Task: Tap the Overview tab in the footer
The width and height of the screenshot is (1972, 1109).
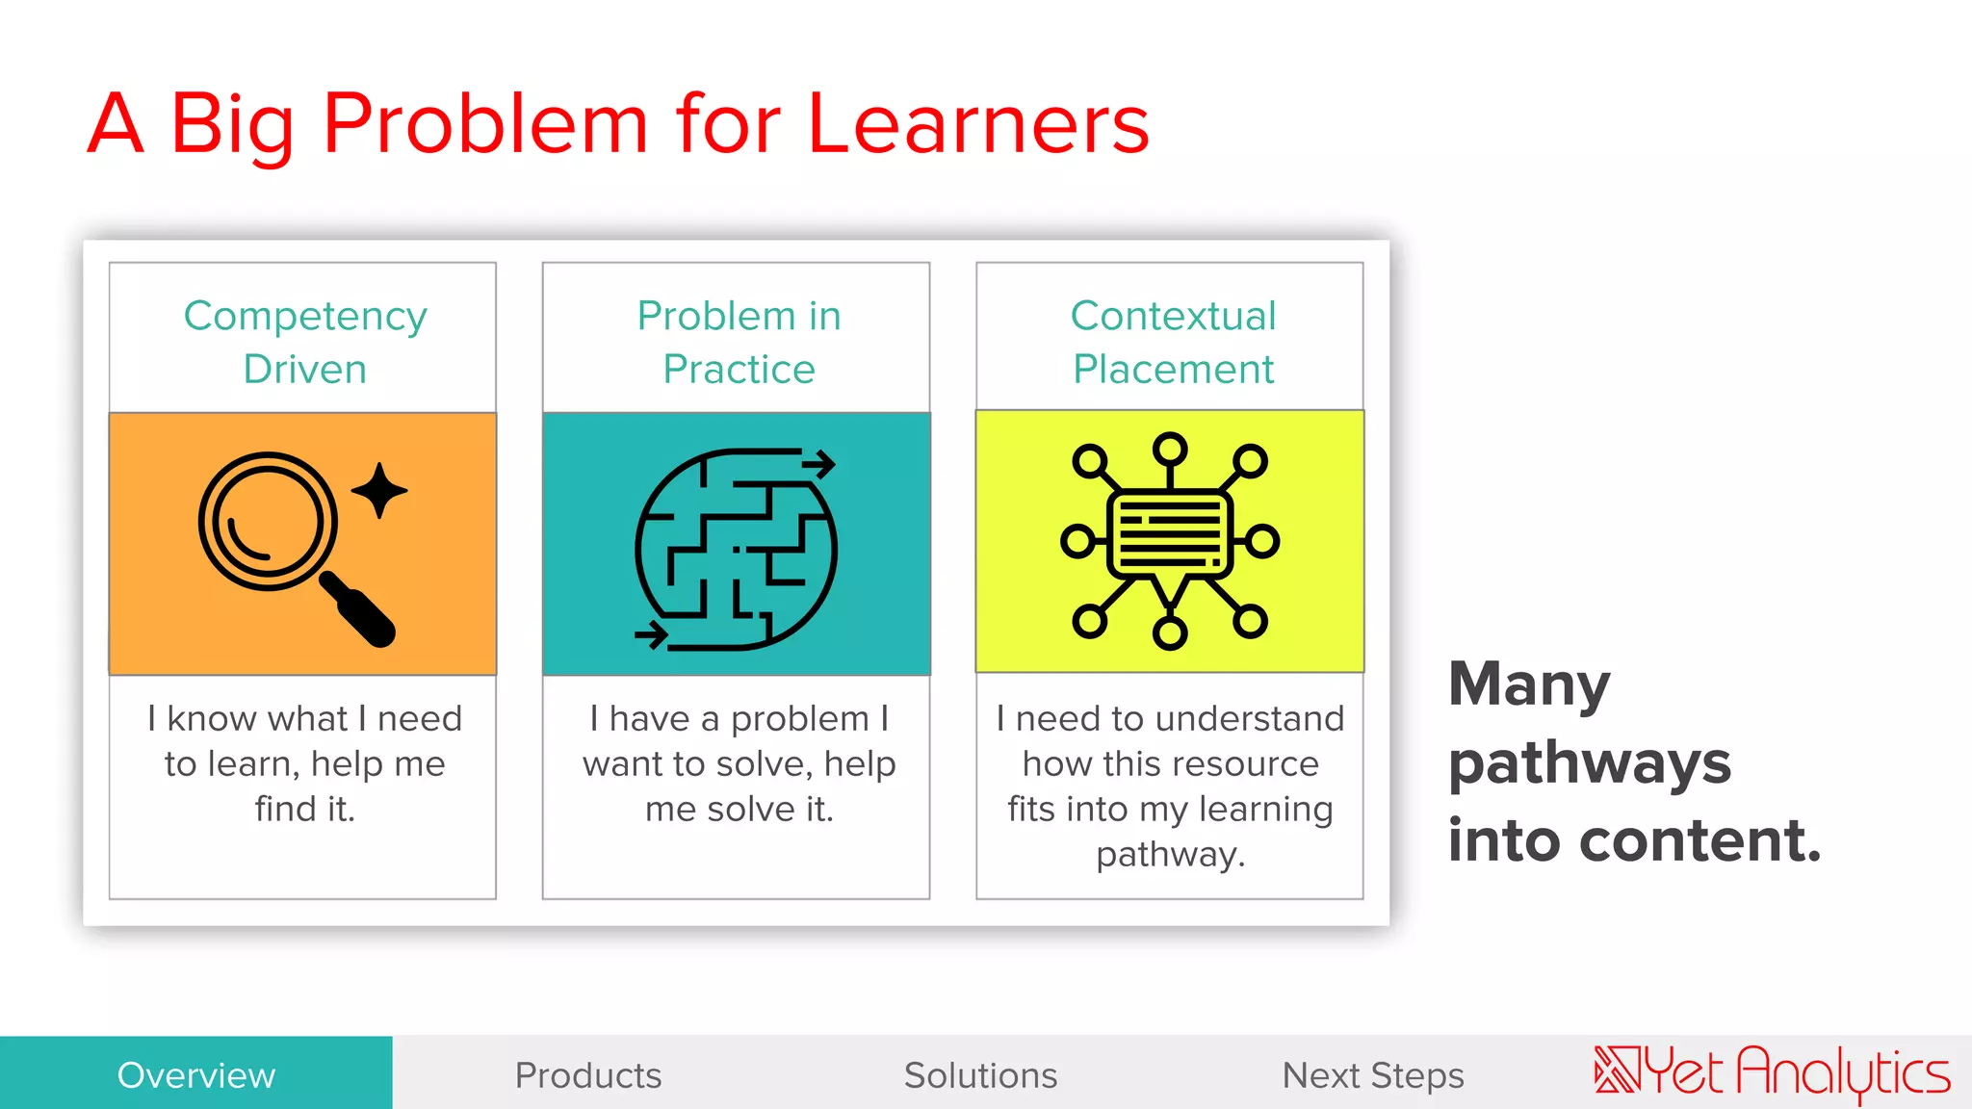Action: click(x=196, y=1074)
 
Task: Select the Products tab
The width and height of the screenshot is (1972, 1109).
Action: click(x=588, y=1074)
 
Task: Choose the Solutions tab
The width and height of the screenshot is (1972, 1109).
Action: click(x=980, y=1074)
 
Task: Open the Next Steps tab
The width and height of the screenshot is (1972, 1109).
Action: click(x=1372, y=1074)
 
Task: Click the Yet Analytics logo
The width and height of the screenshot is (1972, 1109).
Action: click(x=1772, y=1072)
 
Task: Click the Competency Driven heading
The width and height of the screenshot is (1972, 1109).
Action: click(x=304, y=342)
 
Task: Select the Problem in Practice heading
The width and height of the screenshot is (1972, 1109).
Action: click(x=739, y=342)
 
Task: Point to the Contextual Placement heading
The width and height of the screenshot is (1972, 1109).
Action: click(x=1173, y=342)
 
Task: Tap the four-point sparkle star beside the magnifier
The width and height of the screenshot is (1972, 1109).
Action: click(x=379, y=490)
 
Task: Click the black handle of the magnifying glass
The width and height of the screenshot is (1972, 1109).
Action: click(x=357, y=608)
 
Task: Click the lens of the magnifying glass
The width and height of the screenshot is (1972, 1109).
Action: click(x=267, y=521)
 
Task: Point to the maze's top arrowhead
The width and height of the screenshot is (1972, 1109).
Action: click(x=820, y=464)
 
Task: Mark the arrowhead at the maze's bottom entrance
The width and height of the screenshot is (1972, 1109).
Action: click(x=654, y=634)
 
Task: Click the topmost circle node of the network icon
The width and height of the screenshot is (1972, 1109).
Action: click(x=1170, y=449)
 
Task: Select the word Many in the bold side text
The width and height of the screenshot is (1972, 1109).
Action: click(x=1529, y=684)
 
